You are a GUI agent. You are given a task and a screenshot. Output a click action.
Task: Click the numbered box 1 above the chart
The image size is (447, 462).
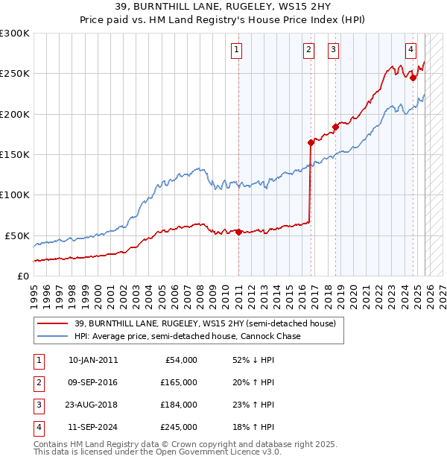coord(236,50)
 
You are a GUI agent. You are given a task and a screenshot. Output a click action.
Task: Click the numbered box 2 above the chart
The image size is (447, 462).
coord(308,50)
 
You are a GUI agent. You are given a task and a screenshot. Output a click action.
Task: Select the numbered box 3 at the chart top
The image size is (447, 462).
coord(333,50)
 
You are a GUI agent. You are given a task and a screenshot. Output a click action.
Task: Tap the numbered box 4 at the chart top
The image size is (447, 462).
coord(410,50)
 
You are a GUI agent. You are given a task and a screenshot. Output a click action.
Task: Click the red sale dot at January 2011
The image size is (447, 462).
coord(238,232)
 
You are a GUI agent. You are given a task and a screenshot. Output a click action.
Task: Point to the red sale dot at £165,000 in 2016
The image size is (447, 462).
coord(311,142)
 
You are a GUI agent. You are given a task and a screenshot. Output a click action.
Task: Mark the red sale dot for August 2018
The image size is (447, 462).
coord(335,127)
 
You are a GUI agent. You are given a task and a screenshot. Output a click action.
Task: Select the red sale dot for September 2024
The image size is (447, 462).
coord(413,77)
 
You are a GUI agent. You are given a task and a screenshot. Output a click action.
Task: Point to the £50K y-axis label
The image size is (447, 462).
coord(18,235)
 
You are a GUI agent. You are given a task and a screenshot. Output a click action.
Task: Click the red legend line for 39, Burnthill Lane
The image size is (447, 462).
coord(52,324)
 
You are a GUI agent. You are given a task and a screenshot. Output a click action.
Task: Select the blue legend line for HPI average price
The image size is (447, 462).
coord(52,336)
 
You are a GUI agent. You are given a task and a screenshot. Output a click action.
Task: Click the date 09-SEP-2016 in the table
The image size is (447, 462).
coord(92,382)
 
